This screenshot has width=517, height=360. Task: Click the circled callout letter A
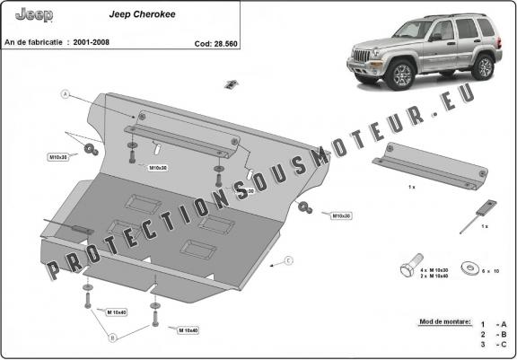66,93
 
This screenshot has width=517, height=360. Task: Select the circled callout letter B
112,338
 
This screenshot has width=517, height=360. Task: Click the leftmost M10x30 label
58,158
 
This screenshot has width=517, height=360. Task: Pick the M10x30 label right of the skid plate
340,215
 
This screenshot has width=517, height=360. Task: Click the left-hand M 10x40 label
117,312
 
